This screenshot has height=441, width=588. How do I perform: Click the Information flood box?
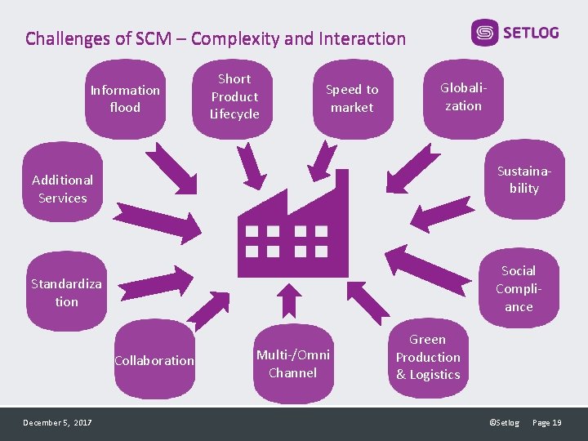tap(125, 99)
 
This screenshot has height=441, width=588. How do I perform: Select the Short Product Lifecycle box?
tap(234, 96)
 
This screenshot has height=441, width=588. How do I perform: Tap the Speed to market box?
tap(352, 98)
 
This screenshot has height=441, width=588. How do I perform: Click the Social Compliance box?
tap(518, 288)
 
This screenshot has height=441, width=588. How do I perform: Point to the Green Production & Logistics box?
tap(428, 358)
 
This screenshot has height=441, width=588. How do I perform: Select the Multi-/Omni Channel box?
tap(292, 364)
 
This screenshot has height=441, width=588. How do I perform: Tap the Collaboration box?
tap(154, 361)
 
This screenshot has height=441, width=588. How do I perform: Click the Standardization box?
tap(66, 292)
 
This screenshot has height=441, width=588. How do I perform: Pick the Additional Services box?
tap(63, 189)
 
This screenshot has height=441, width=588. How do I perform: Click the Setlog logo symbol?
tap(484, 33)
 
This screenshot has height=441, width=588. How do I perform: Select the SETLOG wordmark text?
tap(531, 33)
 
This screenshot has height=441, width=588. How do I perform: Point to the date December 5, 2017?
tap(57, 422)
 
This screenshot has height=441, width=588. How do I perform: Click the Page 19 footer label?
tap(546, 422)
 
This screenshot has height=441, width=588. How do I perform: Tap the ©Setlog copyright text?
tap(504, 422)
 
